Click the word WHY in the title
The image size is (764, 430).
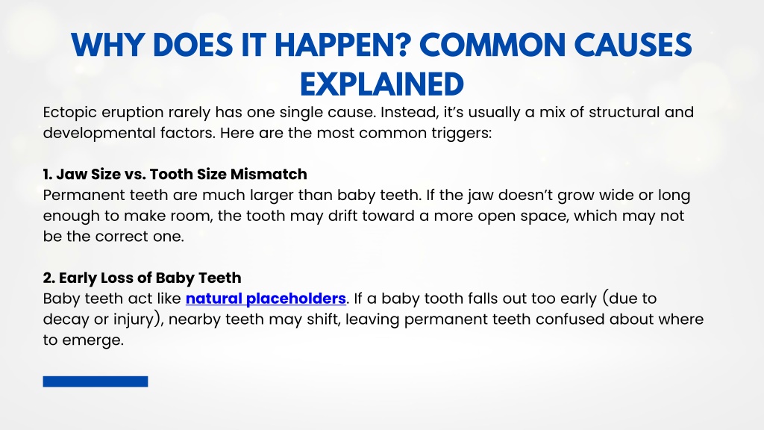(x=107, y=45)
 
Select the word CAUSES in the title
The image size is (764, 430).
(x=633, y=45)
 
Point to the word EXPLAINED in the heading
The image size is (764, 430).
(x=381, y=84)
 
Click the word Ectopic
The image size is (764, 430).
(x=69, y=113)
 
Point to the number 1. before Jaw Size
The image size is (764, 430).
(x=47, y=174)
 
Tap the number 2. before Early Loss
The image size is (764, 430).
(x=48, y=278)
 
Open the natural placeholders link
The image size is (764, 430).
(x=266, y=299)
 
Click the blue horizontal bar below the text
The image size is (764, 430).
(x=95, y=381)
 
